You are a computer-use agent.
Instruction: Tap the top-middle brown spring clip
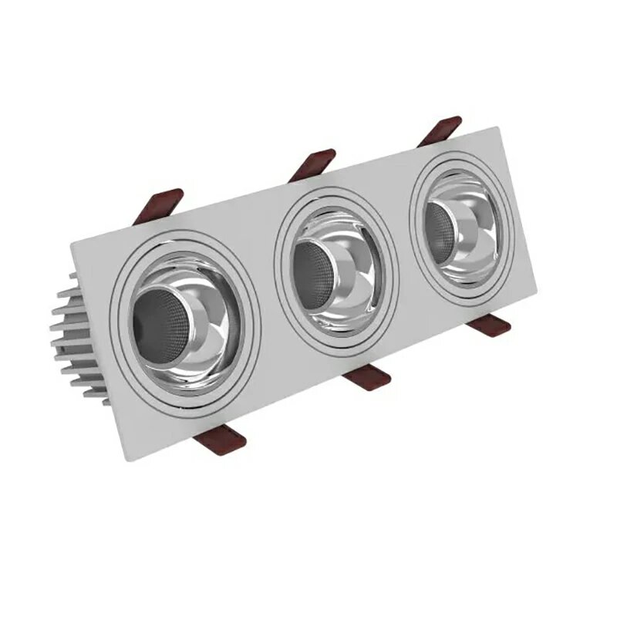point(313,164)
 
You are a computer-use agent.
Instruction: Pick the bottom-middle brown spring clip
point(369,377)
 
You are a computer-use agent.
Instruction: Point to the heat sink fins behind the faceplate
point(77,339)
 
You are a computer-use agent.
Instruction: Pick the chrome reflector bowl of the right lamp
point(478,231)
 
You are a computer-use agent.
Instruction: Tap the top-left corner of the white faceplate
point(72,242)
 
